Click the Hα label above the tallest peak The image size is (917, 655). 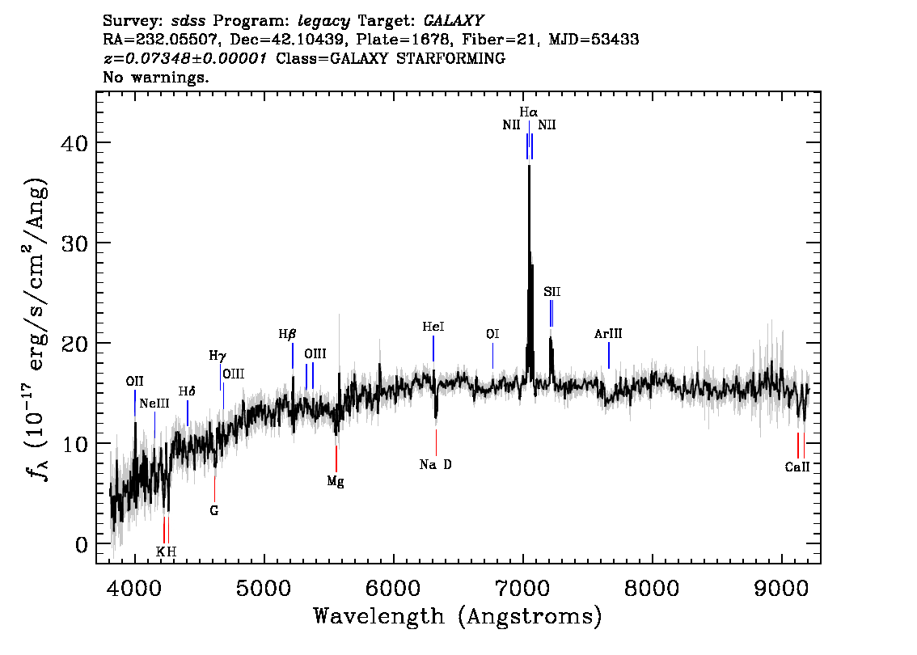coord(529,112)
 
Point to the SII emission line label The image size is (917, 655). coord(551,291)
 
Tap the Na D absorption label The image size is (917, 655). coord(436,465)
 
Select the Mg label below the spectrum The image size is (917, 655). coord(336,482)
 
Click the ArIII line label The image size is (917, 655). coord(608,333)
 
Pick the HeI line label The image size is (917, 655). coord(433,327)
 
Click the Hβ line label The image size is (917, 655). coord(288,334)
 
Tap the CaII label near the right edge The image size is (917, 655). coord(797,467)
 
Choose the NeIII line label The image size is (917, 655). coord(154,404)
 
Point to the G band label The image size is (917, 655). coord(214,511)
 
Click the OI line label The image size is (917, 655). coord(492,334)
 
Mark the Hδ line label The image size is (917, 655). coord(187,391)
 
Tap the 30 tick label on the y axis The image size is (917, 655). coord(74,243)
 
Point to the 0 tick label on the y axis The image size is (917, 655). coord(81,544)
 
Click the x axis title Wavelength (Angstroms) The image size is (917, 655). coord(458,616)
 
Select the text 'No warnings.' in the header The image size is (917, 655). coord(156,78)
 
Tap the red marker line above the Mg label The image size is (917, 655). coord(336,458)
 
